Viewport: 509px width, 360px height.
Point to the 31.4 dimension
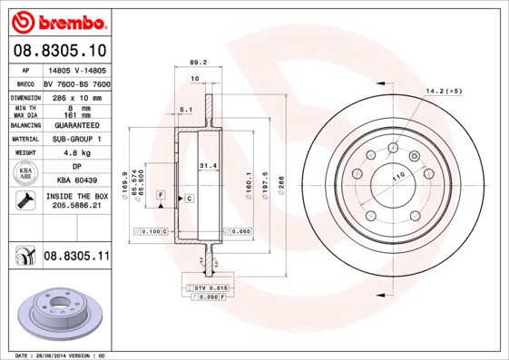tap(208, 165)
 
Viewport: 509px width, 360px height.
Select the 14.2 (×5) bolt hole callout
tap(444, 92)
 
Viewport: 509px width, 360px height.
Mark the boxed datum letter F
tap(160, 195)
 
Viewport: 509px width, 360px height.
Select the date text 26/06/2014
tap(53, 355)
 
